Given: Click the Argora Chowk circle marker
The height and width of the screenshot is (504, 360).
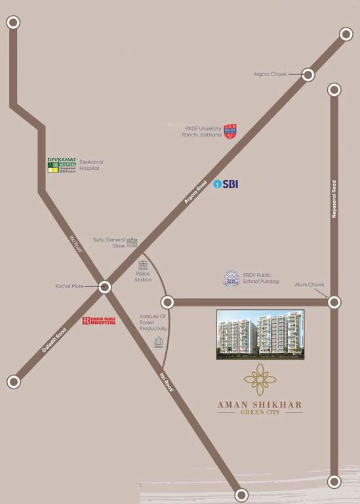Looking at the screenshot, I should click(308, 75).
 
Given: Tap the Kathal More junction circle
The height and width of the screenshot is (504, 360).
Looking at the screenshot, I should click(104, 287).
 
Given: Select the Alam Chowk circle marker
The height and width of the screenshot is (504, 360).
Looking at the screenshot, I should click(334, 302).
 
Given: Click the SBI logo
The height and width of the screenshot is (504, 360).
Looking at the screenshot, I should click(226, 184).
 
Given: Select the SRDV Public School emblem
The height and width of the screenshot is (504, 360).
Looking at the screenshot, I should click(231, 278).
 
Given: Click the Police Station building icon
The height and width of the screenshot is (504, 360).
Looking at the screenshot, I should click(143, 265).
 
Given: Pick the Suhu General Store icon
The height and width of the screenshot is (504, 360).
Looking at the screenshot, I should click(132, 243).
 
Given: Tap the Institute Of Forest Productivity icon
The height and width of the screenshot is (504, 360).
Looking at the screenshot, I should click(158, 342).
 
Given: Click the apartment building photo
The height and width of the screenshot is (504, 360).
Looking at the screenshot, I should click(260, 335).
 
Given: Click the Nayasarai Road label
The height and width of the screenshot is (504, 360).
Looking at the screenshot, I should click(334, 199).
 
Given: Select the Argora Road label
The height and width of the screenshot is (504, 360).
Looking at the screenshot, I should click(195, 191).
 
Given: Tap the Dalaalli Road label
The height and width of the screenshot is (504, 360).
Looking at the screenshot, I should click(55, 340).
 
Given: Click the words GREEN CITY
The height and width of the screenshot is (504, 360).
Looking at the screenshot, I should click(260, 413).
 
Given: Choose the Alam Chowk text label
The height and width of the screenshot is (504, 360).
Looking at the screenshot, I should click(310, 284).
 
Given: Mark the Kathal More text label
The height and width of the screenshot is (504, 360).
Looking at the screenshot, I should click(70, 287).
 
